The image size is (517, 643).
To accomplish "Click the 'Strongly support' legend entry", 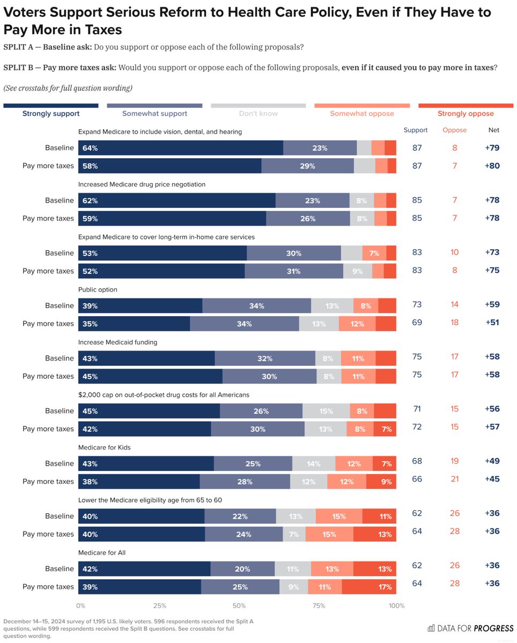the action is point(51,114).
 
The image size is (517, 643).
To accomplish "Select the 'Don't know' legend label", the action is point(258,114).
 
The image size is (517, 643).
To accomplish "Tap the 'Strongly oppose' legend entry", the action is point(466,114).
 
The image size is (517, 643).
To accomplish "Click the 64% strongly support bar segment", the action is point(181,148).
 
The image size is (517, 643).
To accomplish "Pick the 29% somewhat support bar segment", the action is point(308,166).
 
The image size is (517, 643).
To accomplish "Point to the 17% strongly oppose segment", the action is point(369,587).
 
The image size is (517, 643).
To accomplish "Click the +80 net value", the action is point(492,166).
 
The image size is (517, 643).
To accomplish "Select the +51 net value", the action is point(492,323).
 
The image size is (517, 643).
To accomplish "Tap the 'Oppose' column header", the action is point(454,130).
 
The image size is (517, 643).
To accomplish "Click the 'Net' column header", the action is point(493,130).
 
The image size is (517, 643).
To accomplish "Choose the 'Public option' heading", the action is point(98,289).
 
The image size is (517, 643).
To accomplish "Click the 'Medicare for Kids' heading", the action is point(104,447).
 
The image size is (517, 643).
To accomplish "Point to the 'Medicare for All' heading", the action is point(102,552).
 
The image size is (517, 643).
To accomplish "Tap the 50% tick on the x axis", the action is point(239,605).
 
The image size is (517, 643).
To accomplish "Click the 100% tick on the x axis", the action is point(396,605).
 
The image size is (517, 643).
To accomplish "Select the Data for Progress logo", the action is point(470,628).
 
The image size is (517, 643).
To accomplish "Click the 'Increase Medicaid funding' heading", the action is point(118,342).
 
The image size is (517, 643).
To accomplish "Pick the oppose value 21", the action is point(454,479).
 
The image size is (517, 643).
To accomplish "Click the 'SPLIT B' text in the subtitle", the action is point(18,68).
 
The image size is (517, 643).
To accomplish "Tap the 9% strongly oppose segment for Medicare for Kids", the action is point(381,482).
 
